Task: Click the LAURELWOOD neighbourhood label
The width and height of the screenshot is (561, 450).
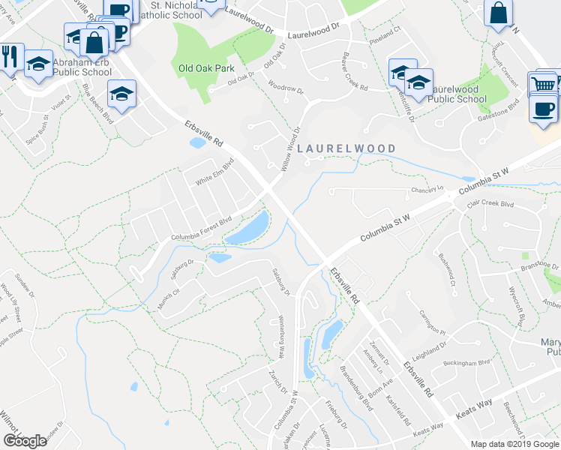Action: coord(346,148)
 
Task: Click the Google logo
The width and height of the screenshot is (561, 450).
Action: coord(25,441)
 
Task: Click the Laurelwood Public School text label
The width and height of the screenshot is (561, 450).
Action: coord(457,94)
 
